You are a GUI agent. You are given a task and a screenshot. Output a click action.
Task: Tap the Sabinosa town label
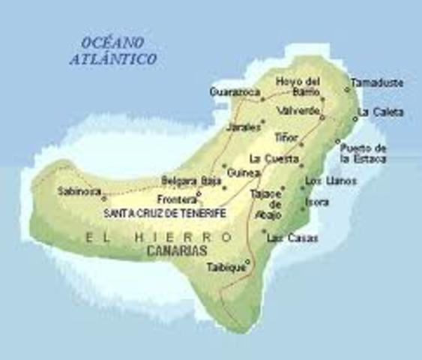pyautogui.click(x=79, y=191)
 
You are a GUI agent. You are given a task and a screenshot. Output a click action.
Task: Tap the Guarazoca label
pyautogui.click(x=235, y=91)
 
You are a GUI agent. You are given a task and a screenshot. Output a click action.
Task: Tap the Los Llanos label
pyautogui.click(x=331, y=181)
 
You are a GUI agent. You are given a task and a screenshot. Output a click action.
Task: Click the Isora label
pyautogui.click(x=317, y=202)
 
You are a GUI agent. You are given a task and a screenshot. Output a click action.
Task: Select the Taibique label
pyautogui.click(x=226, y=265)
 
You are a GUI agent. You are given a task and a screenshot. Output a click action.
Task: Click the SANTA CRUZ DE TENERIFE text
pyautogui.click(x=165, y=212)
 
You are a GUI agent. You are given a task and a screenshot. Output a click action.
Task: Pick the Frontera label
pyautogui.click(x=175, y=199)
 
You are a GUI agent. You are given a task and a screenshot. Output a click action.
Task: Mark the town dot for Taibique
pyautogui.click(x=247, y=260)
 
